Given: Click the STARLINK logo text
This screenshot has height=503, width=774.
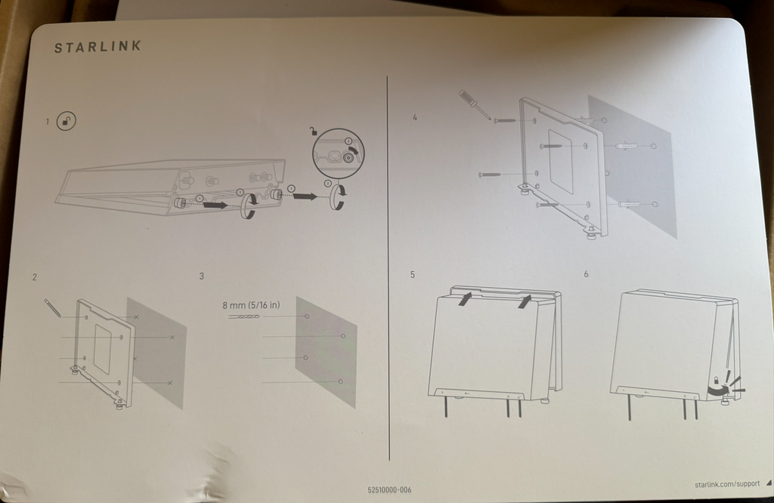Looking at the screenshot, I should pos(97,47).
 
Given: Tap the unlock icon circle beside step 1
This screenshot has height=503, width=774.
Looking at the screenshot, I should pos(67,121).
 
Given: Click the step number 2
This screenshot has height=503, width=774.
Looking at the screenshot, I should pos(34,277).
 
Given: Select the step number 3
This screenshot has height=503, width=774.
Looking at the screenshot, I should pos(201,276).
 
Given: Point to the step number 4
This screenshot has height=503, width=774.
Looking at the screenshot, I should pos(414,118).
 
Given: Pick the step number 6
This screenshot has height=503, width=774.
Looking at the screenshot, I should pos(586,273).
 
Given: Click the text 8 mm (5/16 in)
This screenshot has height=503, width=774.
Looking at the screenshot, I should pos(251,305).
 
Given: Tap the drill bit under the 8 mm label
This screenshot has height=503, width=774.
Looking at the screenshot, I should pos(243,317).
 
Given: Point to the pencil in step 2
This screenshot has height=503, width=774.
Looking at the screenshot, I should pos(52,307).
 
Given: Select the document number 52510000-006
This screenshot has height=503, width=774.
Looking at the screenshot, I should pos(389,490).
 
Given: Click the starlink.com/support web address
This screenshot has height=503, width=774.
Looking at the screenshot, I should pos(726,483).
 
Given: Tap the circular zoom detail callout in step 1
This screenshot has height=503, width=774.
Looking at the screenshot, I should pos(339,153).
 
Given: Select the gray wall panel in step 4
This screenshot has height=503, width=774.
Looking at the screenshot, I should pos(631,166).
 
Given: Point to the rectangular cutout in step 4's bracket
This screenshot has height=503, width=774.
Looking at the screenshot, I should pos(561,159).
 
